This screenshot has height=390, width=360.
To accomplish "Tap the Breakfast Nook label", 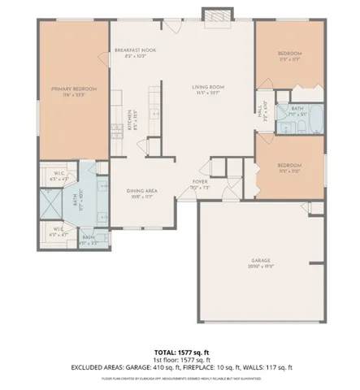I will click(x=134, y=50).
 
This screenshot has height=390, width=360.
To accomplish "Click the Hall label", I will click(x=260, y=106).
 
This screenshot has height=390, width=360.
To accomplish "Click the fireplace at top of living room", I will click(x=215, y=16).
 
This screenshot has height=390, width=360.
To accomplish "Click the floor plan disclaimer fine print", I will click(x=179, y=378).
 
